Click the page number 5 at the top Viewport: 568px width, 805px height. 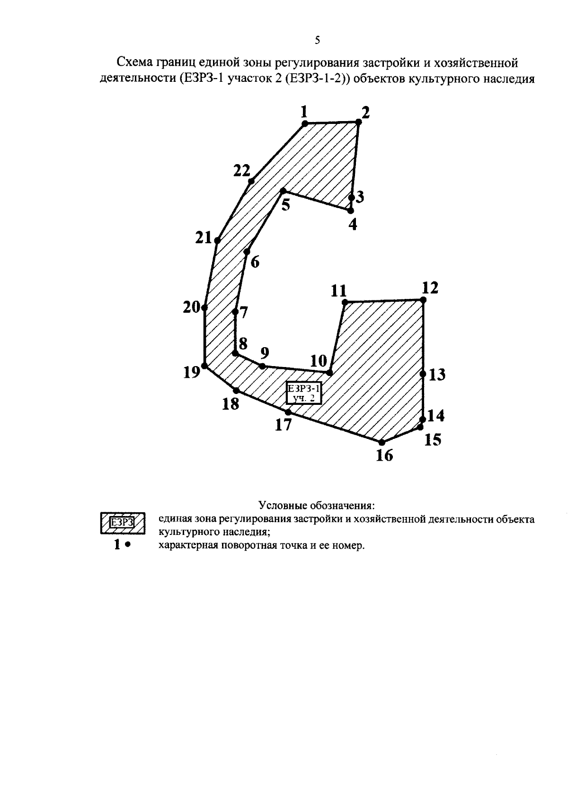pos(317,40)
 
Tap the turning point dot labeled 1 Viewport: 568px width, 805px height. pos(304,123)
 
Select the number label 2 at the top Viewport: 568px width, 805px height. pos(365,113)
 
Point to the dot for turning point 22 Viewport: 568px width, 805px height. pos(251,181)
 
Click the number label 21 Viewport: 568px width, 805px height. pos(204,237)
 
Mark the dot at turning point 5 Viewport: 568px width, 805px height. pos(283,191)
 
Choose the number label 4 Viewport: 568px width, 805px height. pos(353,224)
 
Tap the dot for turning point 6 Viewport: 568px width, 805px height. pos(247,252)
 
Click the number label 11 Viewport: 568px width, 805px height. pos(338,291)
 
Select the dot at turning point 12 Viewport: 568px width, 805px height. pos(423,300)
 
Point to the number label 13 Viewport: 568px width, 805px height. pos(437,375)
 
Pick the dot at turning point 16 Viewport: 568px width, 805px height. pos(382,442)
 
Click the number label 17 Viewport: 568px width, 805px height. pos(283,425)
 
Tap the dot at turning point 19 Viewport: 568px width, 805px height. pos(204,366)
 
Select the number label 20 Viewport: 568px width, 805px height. pos(191,307)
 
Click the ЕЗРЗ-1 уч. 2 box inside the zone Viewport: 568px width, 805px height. pos(303,393)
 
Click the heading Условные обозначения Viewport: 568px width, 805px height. pos(317,505)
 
